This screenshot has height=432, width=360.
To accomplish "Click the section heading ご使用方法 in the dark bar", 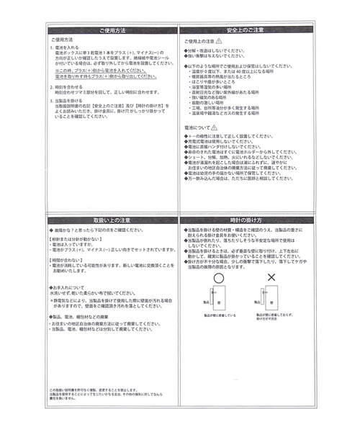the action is [112, 31].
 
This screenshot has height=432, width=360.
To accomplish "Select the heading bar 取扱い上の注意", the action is [112, 218].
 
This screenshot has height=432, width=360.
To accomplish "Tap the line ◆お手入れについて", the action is [68, 286].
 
